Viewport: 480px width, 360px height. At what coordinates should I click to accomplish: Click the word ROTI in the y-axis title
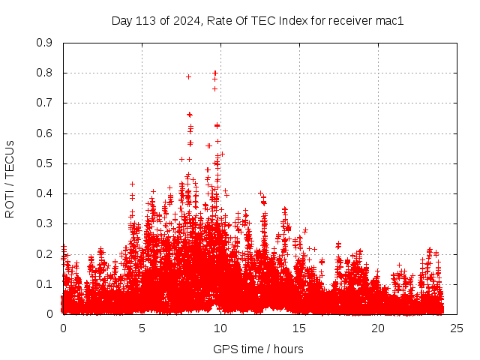[x=10, y=202]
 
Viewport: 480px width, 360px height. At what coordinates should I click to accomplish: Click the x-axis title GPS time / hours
[x=258, y=349]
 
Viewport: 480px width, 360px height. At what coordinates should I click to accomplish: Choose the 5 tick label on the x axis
[x=142, y=328]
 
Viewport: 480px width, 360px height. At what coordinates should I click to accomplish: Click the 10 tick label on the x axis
[x=220, y=328]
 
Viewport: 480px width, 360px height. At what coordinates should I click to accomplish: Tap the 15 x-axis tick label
[x=299, y=328]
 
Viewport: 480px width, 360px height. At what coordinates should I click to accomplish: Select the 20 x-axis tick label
[x=378, y=328]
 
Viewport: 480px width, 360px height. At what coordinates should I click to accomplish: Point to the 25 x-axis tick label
[x=457, y=328]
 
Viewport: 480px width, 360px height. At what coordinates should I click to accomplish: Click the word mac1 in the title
[x=390, y=21]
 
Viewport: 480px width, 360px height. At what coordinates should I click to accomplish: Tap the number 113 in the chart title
[x=145, y=21]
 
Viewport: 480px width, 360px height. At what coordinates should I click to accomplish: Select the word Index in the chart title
[x=293, y=21]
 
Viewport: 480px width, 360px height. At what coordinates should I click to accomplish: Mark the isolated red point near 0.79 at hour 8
[x=188, y=76]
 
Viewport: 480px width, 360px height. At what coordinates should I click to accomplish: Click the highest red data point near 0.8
[x=215, y=73]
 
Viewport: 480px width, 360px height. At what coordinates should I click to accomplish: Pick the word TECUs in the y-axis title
[x=10, y=160]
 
